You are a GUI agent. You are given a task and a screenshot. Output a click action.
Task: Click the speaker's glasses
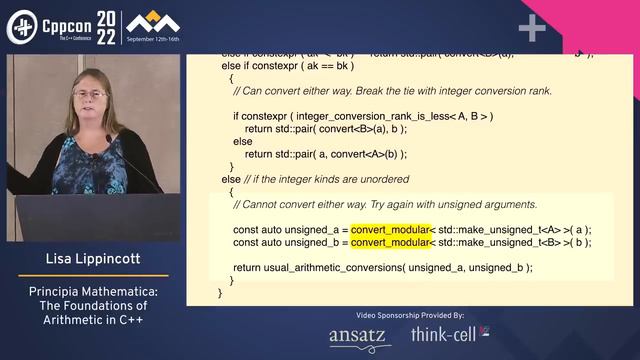point(90,95)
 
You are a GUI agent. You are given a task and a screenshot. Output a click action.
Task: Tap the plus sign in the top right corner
point(531,28)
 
